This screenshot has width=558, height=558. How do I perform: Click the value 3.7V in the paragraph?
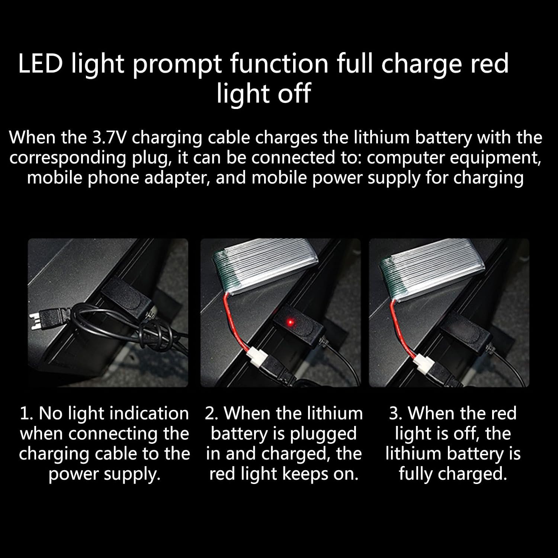[109, 138]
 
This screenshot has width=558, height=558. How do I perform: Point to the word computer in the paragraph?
[398, 158]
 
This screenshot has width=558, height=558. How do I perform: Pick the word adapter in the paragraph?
[174, 178]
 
